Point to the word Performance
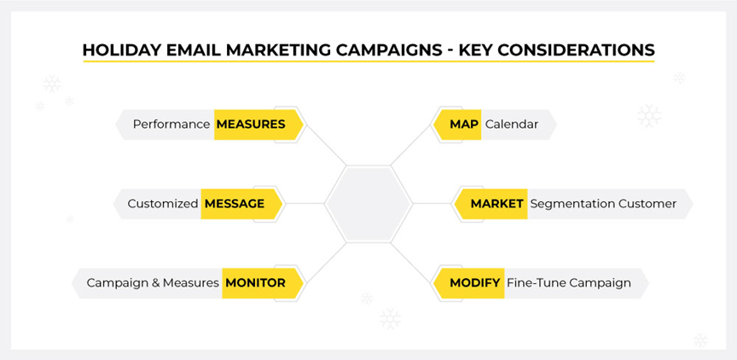pyautogui.click(x=171, y=125)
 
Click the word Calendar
pyautogui.click(x=512, y=125)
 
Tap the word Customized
pyautogui.click(x=163, y=204)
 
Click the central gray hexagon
pyautogui.click(x=369, y=204)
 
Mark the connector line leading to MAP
pyautogui.click(x=412, y=145)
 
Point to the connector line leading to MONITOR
pyautogui.click(x=325, y=263)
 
